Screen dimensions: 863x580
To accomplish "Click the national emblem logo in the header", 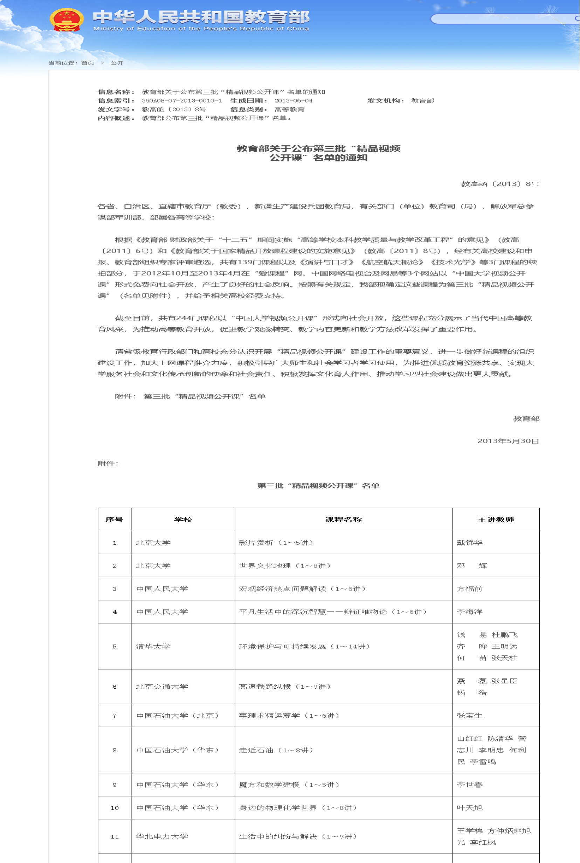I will click(x=66, y=20).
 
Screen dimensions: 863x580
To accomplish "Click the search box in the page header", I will click(x=503, y=19).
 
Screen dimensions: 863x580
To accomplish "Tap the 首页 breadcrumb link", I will click(x=87, y=63).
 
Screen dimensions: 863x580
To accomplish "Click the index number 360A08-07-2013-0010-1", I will click(x=182, y=100).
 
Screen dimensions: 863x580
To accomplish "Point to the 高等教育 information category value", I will click(x=289, y=110).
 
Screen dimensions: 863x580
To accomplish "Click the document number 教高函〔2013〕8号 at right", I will click(x=500, y=184).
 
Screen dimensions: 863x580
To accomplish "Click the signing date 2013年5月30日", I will click(x=507, y=441).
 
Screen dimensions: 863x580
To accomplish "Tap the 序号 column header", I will click(x=114, y=520).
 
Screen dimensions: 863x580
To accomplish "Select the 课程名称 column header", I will click(x=343, y=520).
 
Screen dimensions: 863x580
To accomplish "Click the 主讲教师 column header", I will click(x=495, y=520).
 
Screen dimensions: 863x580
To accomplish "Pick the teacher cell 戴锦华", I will click(x=469, y=542).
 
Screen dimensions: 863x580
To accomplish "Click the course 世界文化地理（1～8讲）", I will click(x=284, y=566).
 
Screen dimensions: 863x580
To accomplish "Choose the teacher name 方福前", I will click(x=469, y=589).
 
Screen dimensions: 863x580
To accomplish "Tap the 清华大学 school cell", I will click(x=153, y=646).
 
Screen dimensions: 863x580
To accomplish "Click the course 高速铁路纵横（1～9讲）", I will click(x=284, y=687).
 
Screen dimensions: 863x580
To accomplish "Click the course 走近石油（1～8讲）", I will click(x=276, y=750).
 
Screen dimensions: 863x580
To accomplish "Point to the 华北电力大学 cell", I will click(x=162, y=836).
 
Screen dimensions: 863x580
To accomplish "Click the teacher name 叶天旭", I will click(x=469, y=808).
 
